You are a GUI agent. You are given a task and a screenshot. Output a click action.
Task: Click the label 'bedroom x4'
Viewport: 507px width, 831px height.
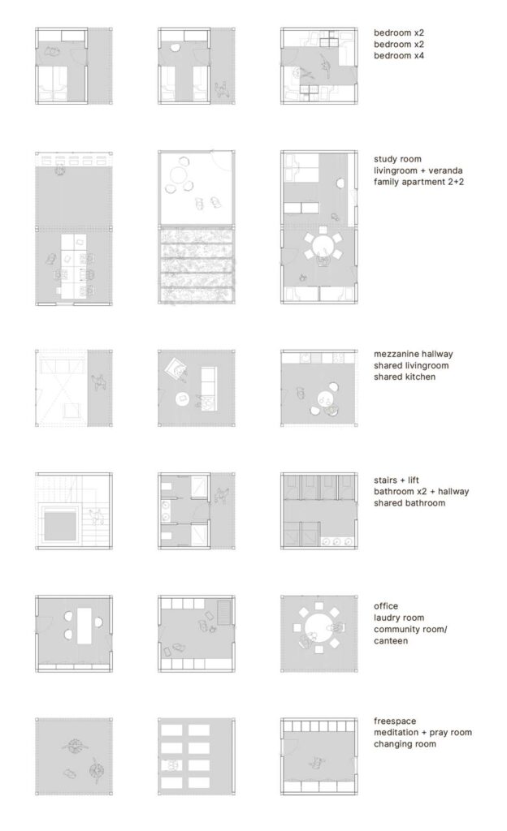(x=398, y=56)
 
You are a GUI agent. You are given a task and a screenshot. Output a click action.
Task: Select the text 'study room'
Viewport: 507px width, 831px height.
(x=397, y=159)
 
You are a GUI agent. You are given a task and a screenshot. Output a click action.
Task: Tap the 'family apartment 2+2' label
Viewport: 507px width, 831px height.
(x=418, y=182)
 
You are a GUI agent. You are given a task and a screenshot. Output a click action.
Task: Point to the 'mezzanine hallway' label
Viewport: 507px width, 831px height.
(x=413, y=354)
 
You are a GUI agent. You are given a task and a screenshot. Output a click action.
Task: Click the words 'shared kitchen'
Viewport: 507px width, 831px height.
(x=404, y=377)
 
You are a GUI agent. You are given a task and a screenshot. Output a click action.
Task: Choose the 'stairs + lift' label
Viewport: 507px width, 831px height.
(x=396, y=480)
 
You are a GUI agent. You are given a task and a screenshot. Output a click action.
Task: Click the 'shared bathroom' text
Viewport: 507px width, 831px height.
(x=409, y=503)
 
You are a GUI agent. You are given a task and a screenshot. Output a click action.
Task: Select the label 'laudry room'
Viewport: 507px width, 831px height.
(x=398, y=618)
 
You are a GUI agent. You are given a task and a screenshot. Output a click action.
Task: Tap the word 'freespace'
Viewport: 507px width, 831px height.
(x=395, y=721)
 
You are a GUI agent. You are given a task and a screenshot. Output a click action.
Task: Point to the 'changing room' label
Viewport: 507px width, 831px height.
(x=405, y=744)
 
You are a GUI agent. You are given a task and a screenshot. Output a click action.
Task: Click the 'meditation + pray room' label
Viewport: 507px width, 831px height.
(x=422, y=733)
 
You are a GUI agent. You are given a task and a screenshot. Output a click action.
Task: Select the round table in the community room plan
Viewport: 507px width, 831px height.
(x=318, y=628)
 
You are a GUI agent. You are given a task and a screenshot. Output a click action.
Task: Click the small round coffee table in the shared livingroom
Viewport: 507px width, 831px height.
(x=183, y=399)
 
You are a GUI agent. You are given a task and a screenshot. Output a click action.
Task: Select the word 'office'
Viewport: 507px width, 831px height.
(x=386, y=606)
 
